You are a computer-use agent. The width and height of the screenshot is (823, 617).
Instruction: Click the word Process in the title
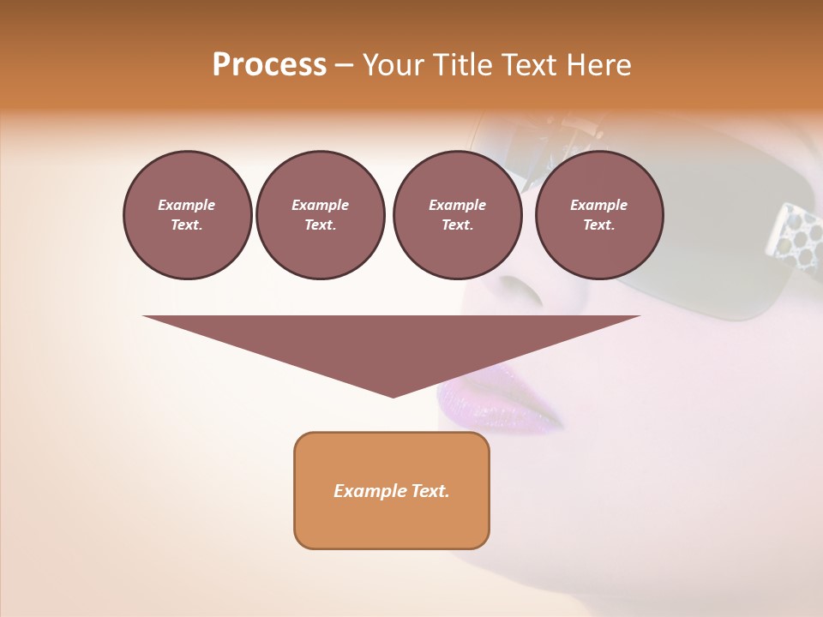point(269,65)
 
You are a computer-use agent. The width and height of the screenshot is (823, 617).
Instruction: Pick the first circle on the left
point(187,214)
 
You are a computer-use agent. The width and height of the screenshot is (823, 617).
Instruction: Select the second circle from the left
point(320,214)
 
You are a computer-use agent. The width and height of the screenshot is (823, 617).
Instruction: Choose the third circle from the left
point(457,214)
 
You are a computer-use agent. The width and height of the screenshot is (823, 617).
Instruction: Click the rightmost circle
point(599,214)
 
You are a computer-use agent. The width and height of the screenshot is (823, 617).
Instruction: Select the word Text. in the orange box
point(430,491)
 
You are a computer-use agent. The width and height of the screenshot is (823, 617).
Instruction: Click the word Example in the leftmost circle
point(187,205)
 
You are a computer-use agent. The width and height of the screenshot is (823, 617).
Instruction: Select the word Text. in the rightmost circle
point(599,225)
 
